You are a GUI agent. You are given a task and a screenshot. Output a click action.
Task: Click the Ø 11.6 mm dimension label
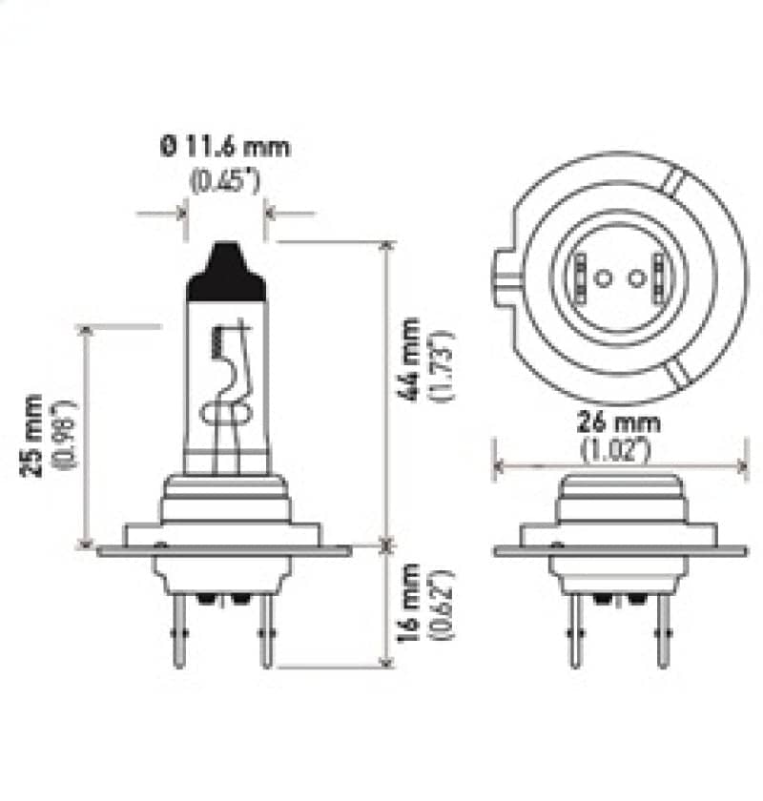[225, 147]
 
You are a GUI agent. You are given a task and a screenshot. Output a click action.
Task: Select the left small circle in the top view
[602, 278]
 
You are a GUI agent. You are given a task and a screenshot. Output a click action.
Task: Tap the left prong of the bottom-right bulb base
[573, 629]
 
